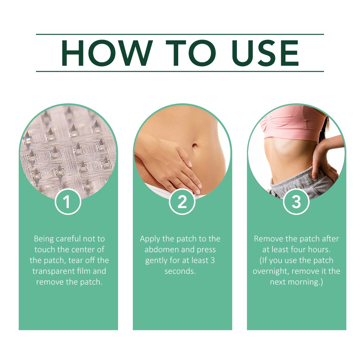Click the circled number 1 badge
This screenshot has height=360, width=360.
coord(68,202)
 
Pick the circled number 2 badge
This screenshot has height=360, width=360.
coord(182,202)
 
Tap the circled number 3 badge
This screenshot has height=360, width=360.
coord(296,202)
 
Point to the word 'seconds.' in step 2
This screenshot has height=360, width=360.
coord(180,271)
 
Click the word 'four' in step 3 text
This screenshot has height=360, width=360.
coord(297,249)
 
